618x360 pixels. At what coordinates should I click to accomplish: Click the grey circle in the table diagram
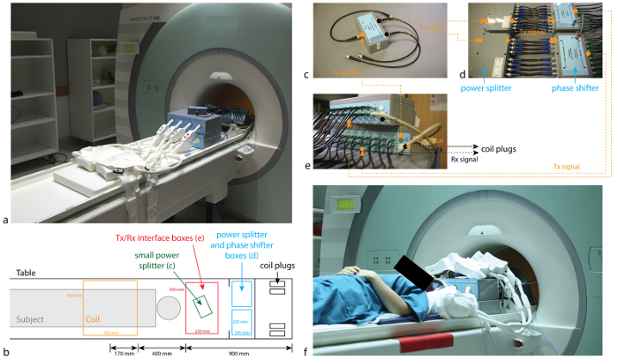click(x=168, y=309)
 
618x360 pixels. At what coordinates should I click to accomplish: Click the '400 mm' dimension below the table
click(x=161, y=353)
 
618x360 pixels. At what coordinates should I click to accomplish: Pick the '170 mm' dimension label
click(x=122, y=353)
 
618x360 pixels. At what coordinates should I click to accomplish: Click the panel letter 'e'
click(x=307, y=164)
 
